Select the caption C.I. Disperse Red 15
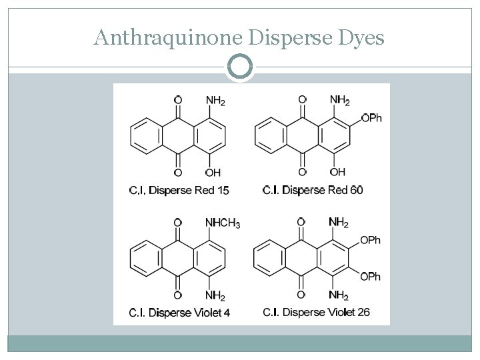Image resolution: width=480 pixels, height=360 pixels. click(x=179, y=191)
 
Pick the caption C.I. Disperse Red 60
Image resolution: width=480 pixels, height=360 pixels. click(x=313, y=190)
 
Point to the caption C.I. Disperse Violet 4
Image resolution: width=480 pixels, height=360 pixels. click(x=179, y=312)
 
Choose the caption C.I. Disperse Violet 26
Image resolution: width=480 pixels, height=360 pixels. click(x=316, y=311)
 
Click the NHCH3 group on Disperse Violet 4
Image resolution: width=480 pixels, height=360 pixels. click(x=223, y=223)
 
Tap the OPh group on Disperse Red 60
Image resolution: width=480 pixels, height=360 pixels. click(x=371, y=118)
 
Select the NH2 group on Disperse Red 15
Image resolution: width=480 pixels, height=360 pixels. click(x=215, y=101)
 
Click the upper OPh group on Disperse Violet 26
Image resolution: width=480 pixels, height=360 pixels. click(x=370, y=240)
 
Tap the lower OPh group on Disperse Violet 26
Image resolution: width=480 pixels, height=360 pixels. click(x=370, y=276)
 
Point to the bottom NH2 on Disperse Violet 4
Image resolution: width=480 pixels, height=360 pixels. click(x=215, y=295)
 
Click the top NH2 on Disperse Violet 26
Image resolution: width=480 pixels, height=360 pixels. click(x=339, y=223)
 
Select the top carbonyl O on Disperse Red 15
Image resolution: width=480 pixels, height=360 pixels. click(x=177, y=101)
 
